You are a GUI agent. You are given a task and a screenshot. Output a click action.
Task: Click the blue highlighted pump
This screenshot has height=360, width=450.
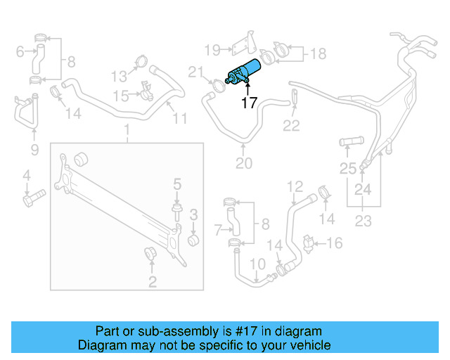[x=243, y=72]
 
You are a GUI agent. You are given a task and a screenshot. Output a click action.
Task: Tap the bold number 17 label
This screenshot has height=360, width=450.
[x=249, y=103]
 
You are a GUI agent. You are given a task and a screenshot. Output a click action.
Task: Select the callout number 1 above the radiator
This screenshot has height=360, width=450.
[x=127, y=130]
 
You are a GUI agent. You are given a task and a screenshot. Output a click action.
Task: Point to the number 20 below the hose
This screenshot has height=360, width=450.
[x=243, y=165]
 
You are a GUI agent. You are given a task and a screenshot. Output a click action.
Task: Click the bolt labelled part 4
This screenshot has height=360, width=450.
[x=32, y=200]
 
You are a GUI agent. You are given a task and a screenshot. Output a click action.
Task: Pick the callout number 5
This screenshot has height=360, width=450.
[x=177, y=184]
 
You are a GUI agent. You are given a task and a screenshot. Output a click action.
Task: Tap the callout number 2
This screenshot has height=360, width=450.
[x=152, y=283]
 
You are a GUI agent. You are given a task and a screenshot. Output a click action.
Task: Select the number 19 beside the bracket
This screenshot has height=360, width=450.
[x=212, y=49]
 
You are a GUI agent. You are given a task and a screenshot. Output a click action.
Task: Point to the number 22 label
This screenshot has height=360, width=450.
[x=291, y=126]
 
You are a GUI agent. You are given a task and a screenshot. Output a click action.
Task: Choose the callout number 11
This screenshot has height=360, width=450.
[x=180, y=119]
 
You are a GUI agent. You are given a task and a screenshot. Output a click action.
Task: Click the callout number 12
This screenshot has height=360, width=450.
[x=295, y=186]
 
